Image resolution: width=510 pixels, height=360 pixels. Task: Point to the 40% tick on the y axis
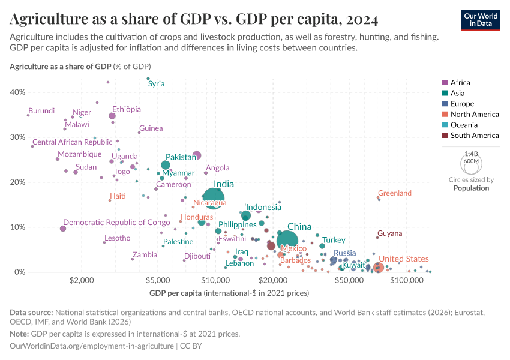coord(17,92)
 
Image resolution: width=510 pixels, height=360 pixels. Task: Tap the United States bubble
coord(378,268)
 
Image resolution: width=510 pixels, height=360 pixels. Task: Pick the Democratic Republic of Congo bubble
coord(63,229)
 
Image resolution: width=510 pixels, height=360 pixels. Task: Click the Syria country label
coord(156,84)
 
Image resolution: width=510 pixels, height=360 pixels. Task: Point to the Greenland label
coord(394,193)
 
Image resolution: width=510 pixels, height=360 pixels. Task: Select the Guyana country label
coord(389,233)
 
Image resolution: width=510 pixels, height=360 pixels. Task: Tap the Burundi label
coord(41,111)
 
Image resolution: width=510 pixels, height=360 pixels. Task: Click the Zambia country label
coord(145,254)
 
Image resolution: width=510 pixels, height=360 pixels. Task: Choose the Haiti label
coord(118,196)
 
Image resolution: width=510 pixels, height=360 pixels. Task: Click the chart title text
coord(194,19)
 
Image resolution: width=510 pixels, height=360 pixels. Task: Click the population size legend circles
coord(471,163)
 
